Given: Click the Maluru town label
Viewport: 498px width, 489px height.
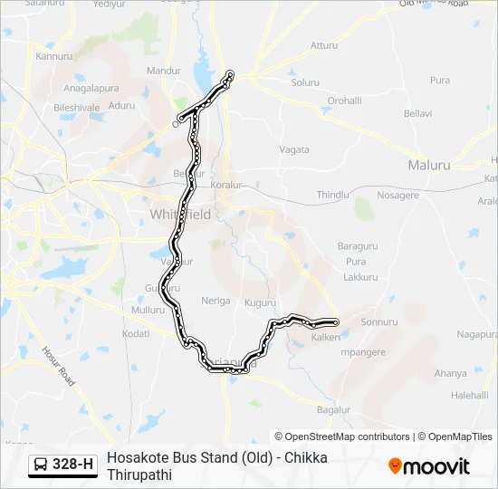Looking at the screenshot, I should point(429,166).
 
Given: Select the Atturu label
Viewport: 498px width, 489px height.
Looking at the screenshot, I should point(323,44).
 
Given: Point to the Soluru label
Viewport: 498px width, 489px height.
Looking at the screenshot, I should point(305,82).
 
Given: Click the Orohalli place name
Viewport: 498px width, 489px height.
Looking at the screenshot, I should point(344,101).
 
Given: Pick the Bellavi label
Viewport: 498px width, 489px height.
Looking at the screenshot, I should point(417,114).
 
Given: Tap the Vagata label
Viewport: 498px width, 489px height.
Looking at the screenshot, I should point(294,149).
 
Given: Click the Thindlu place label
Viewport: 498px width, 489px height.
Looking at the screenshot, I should point(332,195).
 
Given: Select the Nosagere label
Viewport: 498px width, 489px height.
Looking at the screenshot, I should point(397,195).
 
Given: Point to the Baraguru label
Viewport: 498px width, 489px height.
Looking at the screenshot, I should point(357,246).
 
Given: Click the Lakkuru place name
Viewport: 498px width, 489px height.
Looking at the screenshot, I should point(361,276).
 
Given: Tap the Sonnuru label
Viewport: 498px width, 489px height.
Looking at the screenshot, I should point(379,321).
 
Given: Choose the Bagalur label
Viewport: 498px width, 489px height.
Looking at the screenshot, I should point(333,410).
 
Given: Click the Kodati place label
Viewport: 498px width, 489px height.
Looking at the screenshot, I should point(135,334).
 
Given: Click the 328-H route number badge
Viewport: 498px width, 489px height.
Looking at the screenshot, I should point(62,465).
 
